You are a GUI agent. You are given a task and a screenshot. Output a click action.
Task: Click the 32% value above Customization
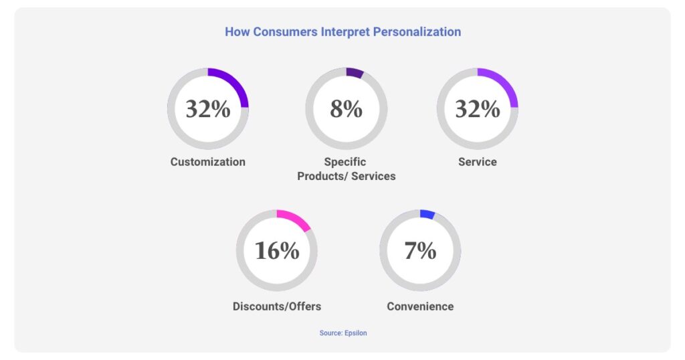pos(207,109)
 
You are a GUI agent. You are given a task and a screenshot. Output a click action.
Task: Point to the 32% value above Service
pos(477,109)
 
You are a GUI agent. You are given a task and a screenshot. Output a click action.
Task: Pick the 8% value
pos(346,109)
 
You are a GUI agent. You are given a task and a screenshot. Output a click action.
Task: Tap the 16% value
pos(276,250)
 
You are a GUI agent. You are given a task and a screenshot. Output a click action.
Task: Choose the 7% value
pos(420,250)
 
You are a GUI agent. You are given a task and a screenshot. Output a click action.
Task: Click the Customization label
pos(207,162)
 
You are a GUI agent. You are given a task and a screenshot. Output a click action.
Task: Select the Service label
pos(477,162)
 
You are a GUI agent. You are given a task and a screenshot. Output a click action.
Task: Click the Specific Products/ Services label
pos(346,169)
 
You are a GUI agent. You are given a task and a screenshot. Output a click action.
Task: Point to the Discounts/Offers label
pos(276,306)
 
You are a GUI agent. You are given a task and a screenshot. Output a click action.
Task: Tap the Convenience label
pos(420,306)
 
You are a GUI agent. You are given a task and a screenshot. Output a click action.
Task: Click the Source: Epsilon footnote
pos(342,333)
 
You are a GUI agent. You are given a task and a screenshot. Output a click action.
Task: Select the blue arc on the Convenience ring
pos(427,214)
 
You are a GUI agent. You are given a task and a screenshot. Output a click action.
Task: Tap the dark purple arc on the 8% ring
pos(355,72)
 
